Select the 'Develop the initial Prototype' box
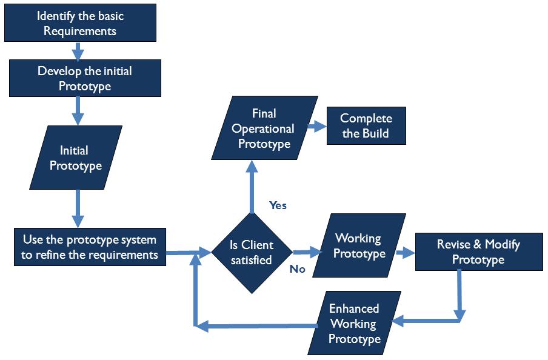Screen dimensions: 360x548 (85, 79)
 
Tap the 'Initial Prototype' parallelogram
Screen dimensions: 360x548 (76, 158)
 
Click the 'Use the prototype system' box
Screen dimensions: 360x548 (90, 247)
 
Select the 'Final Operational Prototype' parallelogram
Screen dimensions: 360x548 (264, 128)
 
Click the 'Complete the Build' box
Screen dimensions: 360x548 (366, 126)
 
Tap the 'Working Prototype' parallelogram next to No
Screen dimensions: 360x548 (360, 246)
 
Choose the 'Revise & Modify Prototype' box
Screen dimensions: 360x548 (478, 252)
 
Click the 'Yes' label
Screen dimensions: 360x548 (278, 205)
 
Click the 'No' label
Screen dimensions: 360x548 (297, 268)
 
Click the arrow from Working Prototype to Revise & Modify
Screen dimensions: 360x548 (404, 251)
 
